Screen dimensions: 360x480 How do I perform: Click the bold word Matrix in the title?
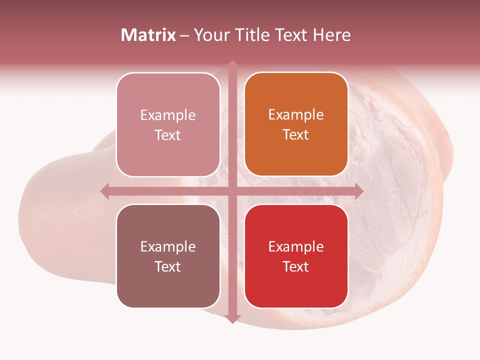pos(148,35)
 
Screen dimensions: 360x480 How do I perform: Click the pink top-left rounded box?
pos(168,124)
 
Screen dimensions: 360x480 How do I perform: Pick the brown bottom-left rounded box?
pos(168,256)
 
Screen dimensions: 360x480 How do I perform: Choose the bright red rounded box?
pos(296,256)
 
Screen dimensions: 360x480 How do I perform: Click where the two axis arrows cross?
pos(232,191)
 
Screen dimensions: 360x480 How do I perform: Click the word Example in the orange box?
pos(296,115)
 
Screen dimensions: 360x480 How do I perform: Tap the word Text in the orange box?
pos(296,135)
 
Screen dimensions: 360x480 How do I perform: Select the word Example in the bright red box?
pos(296,246)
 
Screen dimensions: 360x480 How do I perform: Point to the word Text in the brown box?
pos(168,266)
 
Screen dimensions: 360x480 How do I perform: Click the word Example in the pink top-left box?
pos(168,115)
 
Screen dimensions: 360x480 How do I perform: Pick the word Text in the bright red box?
pos(296,266)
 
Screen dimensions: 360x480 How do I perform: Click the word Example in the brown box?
pos(168,246)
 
